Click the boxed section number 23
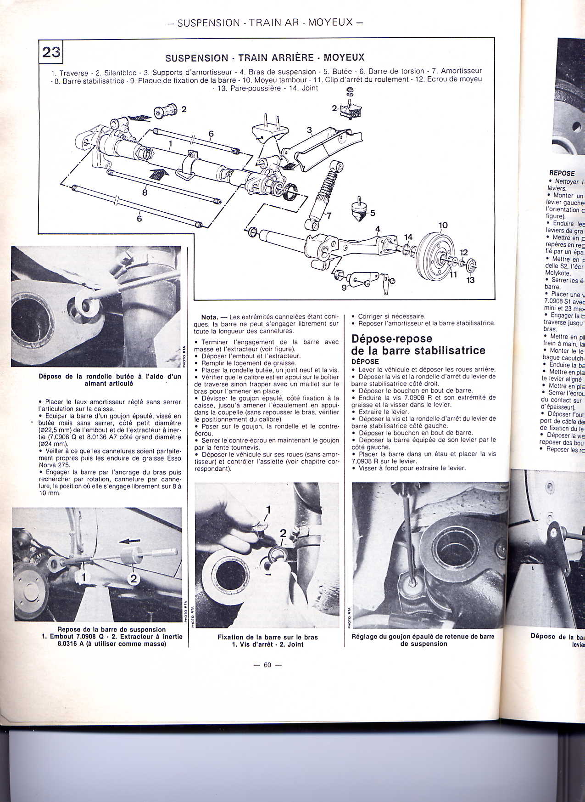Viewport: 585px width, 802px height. [x=51, y=52]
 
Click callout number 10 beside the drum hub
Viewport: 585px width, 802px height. [x=443, y=226]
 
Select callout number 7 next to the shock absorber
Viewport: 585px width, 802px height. [x=329, y=215]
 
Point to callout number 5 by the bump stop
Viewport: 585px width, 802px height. [x=372, y=213]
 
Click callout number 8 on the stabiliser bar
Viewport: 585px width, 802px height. [x=145, y=193]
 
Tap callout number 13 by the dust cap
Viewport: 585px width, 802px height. [x=470, y=280]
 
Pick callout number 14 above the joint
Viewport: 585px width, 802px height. [x=408, y=237]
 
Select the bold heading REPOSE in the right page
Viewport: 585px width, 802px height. [x=562, y=173]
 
